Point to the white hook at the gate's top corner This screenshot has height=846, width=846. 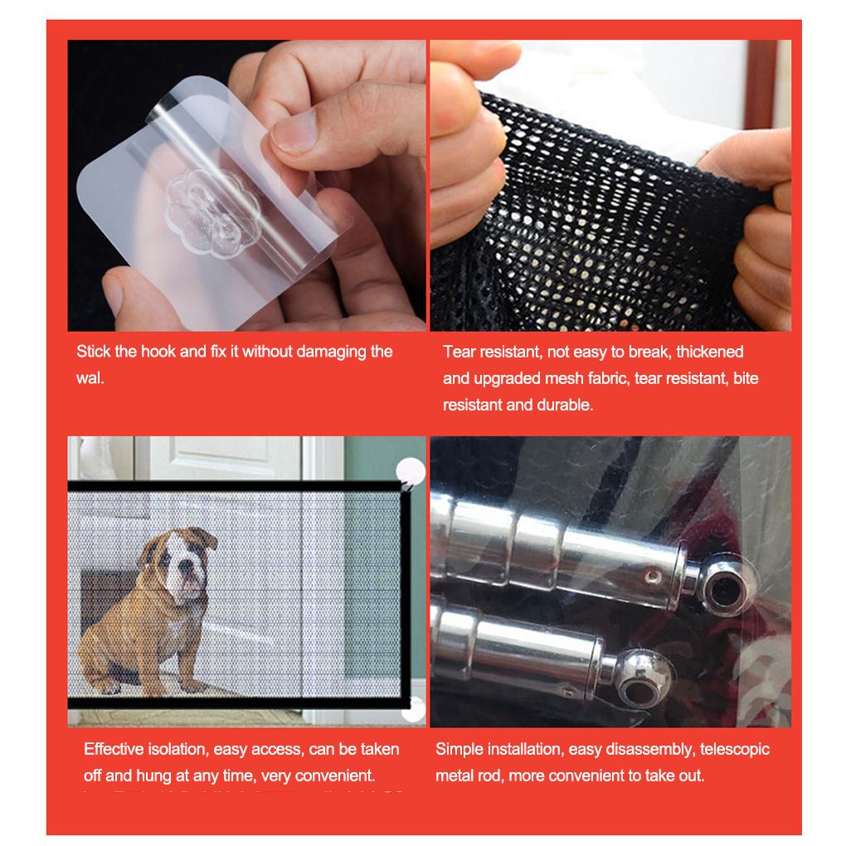[410, 472]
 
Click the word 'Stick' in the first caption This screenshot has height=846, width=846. [94, 351]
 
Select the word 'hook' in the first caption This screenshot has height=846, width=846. [158, 351]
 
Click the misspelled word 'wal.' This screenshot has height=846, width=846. [90, 378]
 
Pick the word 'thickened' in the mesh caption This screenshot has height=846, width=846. [711, 352]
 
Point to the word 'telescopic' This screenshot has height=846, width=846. [736, 749]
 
